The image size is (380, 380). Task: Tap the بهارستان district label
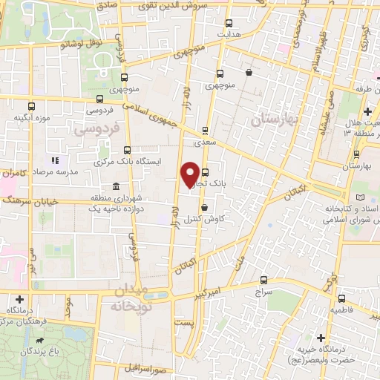[274, 119]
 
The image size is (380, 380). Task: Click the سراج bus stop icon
[263, 280]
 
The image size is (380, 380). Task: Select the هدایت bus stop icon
[228, 23]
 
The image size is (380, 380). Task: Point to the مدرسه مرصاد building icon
[53, 160]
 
